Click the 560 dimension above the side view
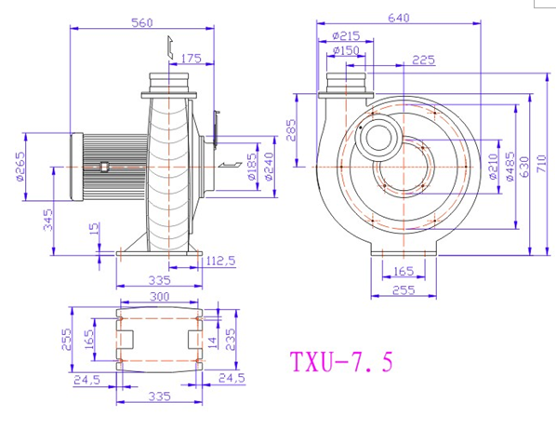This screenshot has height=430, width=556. point(142,22)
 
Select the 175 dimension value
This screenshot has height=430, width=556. point(192,59)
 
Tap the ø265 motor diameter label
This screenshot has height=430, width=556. point(20,167)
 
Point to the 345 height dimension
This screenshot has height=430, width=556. point(47,220)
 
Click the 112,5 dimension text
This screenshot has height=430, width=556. point(220,261)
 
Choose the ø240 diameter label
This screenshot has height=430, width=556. point(269,167)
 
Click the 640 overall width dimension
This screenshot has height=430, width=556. point(399,18)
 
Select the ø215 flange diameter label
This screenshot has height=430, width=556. point(346,35)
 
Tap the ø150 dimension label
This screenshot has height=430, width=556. point(346,50)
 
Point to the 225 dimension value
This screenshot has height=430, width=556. point(423,60)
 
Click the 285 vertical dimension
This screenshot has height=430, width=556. point(290,130)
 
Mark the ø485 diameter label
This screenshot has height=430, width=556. point(510,167)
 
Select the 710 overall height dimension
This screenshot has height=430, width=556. point(542,164)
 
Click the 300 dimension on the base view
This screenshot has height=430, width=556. point(160,296)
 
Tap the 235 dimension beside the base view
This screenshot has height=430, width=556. point(231,340)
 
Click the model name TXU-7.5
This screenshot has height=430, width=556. point(341,361)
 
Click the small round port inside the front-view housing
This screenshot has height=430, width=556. point(379,138)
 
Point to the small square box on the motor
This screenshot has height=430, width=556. point(104,167)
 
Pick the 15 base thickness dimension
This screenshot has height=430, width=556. point(95,231)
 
